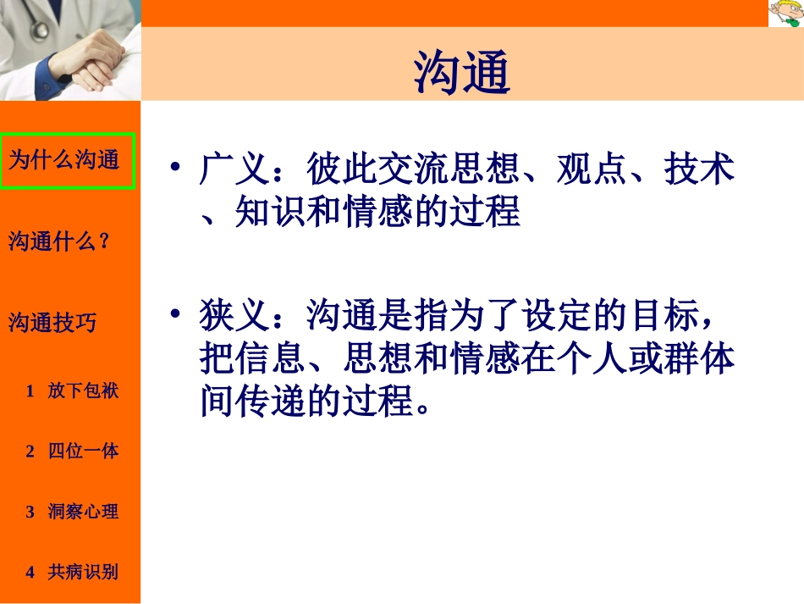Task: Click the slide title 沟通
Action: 462,72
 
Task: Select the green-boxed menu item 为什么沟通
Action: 64,160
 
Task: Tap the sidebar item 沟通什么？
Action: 59,241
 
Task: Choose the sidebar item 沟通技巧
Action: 52,323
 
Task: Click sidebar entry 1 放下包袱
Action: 73,391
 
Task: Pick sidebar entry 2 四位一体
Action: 73,451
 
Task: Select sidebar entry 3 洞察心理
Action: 73,512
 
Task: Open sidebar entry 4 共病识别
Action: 73,572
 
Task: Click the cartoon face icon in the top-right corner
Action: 785,14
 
